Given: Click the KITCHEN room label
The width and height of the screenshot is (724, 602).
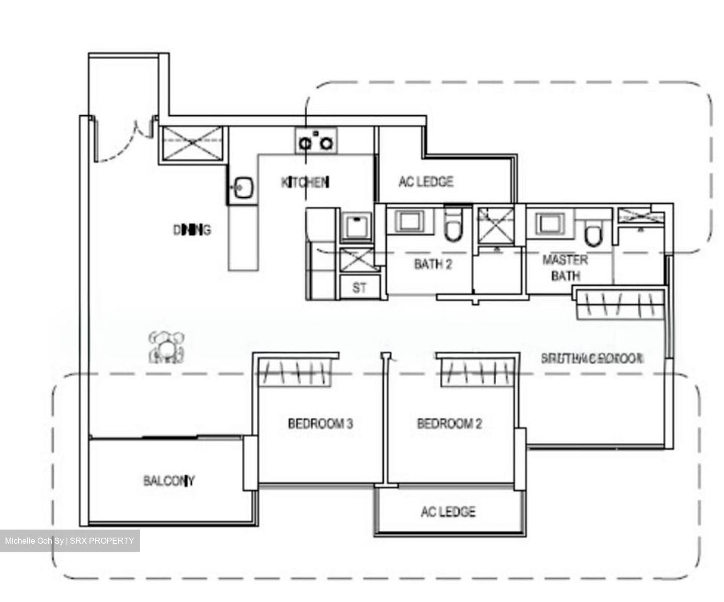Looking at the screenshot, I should click(305, 182).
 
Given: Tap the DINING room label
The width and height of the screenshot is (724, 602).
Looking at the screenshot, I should click(192, 230).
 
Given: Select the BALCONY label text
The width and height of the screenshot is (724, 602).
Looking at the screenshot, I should click(169, 481).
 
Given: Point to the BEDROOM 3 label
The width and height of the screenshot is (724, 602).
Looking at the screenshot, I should click(320, 423).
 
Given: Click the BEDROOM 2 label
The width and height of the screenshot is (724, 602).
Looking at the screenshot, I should click(449, 423).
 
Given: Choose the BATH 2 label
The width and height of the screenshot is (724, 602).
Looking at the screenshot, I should click(432, 264).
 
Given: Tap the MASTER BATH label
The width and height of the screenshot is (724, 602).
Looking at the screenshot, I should click(565, 268).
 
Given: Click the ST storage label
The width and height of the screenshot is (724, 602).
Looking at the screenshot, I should click(359, 288).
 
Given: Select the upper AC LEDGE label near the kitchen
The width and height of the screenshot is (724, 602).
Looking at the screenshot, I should click(426, 182).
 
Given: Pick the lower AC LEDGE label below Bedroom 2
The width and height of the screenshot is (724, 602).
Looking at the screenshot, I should click(447, 511).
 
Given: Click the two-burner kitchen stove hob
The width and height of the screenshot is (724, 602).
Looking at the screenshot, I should click(316, 142).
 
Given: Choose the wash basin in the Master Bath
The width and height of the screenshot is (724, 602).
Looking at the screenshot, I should click(549, 222).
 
